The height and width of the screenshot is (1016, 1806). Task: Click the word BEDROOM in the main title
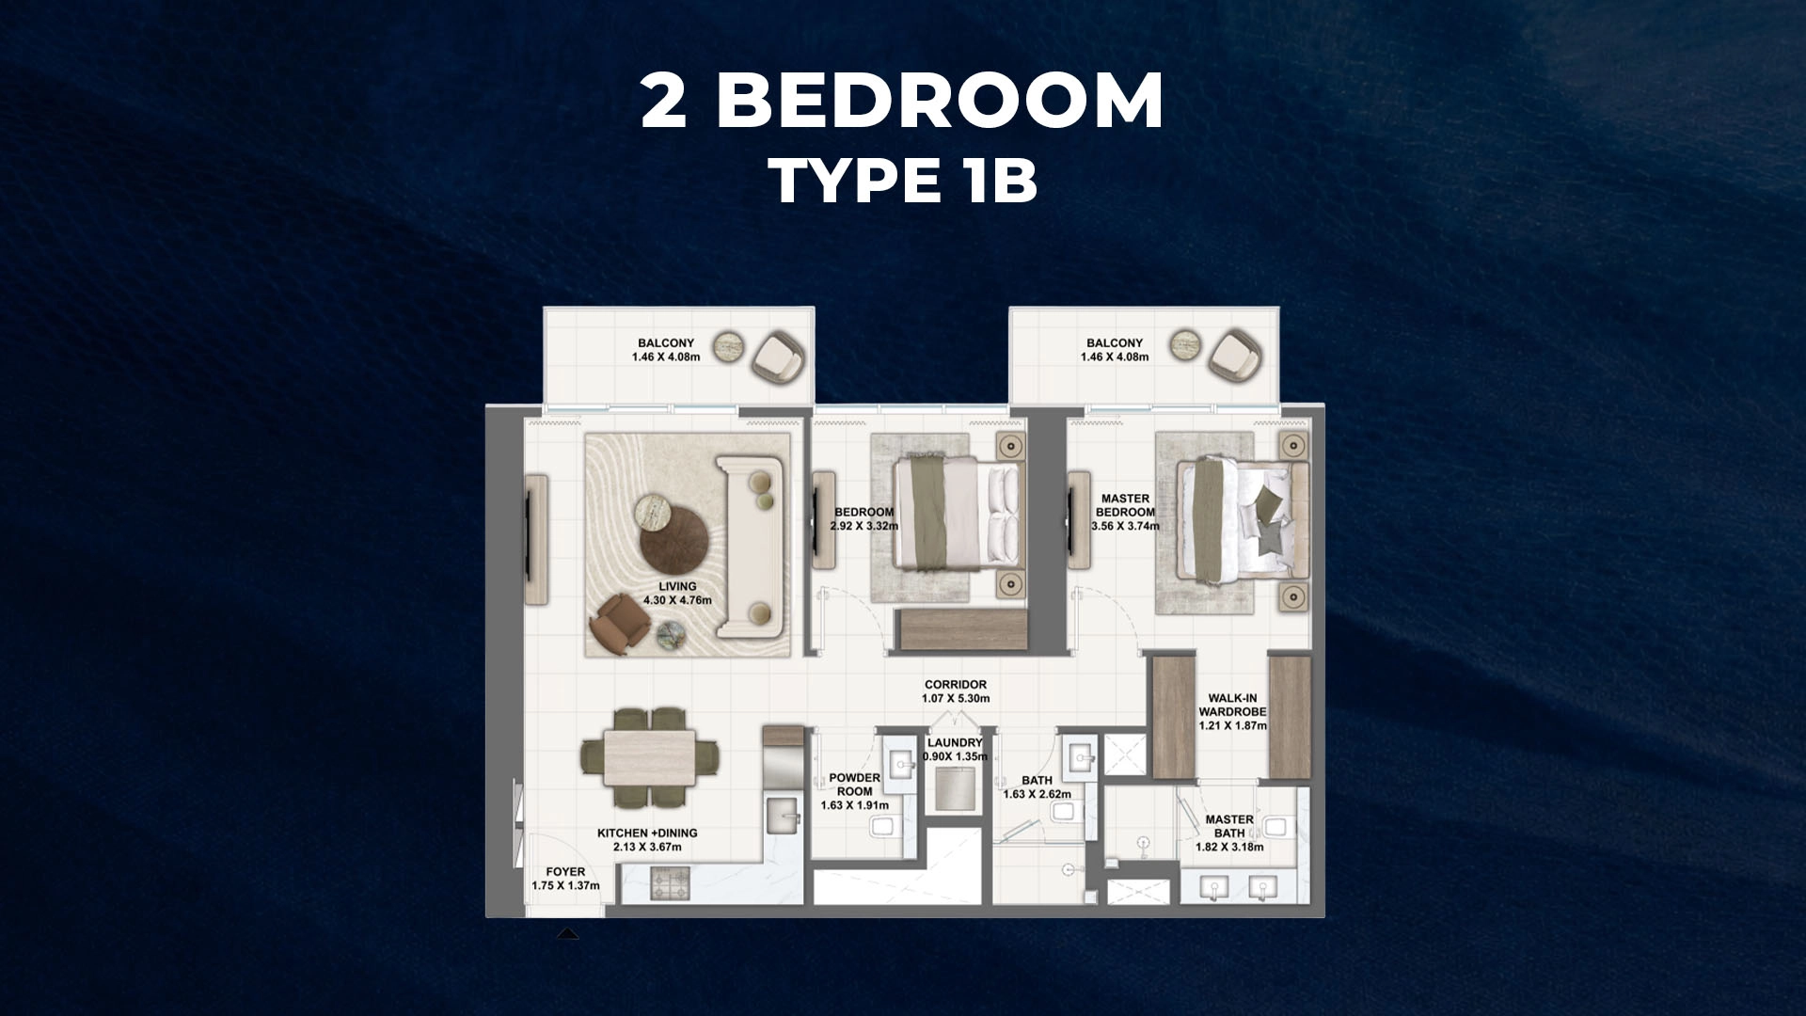[x=940, y=101]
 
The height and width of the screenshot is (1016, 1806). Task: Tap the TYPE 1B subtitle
[x=903, y=180]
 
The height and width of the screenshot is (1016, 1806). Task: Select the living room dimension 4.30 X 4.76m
[x=677, y=600]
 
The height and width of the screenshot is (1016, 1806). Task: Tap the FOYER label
[x=565, y=872]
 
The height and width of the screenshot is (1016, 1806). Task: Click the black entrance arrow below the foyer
[x=567, y=934]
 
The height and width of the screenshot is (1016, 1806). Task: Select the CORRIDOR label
[x=956, y=685]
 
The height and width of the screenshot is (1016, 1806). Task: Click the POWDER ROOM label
[x=854, y=785]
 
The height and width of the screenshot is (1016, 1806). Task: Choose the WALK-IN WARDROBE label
[x=1232, y=706]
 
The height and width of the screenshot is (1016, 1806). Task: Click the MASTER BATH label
[x=1229, y=826]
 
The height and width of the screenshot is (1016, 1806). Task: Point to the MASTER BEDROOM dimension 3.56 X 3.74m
[x=1125, y=526]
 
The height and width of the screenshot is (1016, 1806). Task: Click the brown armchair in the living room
[x=620, y=620]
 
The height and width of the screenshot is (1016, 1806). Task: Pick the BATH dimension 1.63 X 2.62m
[x=1037, y=794]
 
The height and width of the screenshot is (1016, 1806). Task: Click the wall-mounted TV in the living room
[x=530, y=539]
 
